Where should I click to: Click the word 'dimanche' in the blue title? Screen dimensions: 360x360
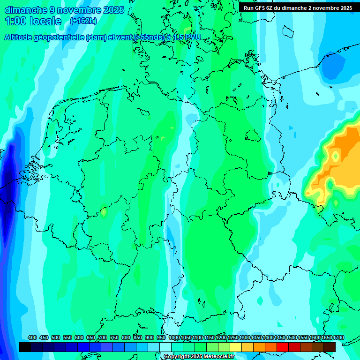26,9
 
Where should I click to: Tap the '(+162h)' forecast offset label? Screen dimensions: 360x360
83,21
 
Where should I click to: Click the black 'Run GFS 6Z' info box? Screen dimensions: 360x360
298,7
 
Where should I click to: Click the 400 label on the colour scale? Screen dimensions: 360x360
32,337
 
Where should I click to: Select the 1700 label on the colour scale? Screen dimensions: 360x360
326,337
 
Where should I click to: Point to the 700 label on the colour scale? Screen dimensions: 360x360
103,337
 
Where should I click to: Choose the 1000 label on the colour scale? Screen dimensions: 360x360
174,337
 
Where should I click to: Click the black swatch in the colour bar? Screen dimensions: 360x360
25,347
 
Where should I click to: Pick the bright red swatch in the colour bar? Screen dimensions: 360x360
283,347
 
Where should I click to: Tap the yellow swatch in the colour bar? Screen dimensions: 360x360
236,347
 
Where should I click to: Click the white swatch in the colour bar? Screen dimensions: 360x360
165,347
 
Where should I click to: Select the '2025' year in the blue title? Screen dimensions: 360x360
113,9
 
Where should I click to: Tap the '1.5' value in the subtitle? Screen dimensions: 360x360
178,37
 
